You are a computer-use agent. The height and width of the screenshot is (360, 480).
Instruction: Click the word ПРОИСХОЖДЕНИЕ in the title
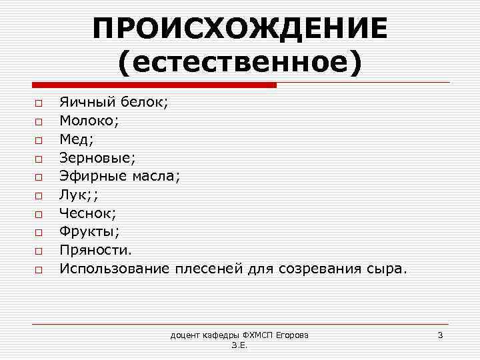click(240, 28)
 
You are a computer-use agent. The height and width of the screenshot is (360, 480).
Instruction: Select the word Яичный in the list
click(87, 103)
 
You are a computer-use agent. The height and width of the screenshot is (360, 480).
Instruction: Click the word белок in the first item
click(144, 103)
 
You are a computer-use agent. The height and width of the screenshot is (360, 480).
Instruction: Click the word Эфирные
click(93, 177)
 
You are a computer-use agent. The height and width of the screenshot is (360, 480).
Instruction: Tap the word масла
click(155, 177)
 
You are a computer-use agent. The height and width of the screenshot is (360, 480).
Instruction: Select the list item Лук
click(72, 195)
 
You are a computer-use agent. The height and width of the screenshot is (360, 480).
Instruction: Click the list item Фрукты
click(87, 232)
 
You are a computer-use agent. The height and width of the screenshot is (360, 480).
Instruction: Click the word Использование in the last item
click(114, 269)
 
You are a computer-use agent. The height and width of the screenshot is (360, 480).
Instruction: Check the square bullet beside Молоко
click(39, 122)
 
